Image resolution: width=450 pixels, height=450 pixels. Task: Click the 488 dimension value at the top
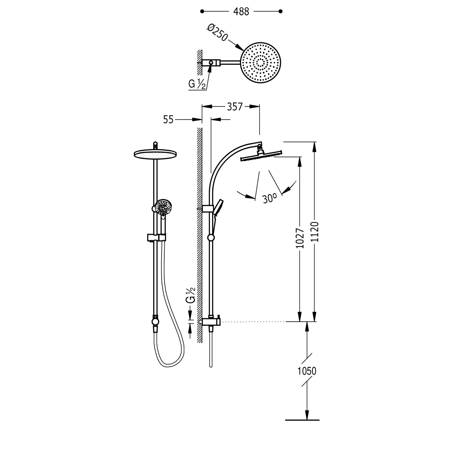[241, 11]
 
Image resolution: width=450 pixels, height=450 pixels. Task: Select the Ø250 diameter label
[217, 33]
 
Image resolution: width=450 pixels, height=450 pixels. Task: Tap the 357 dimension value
[234, 107]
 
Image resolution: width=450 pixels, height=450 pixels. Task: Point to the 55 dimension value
[168, 120]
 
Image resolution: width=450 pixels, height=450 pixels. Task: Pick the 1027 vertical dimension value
[300, 238]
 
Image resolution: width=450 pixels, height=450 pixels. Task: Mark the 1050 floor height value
[307, 371]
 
